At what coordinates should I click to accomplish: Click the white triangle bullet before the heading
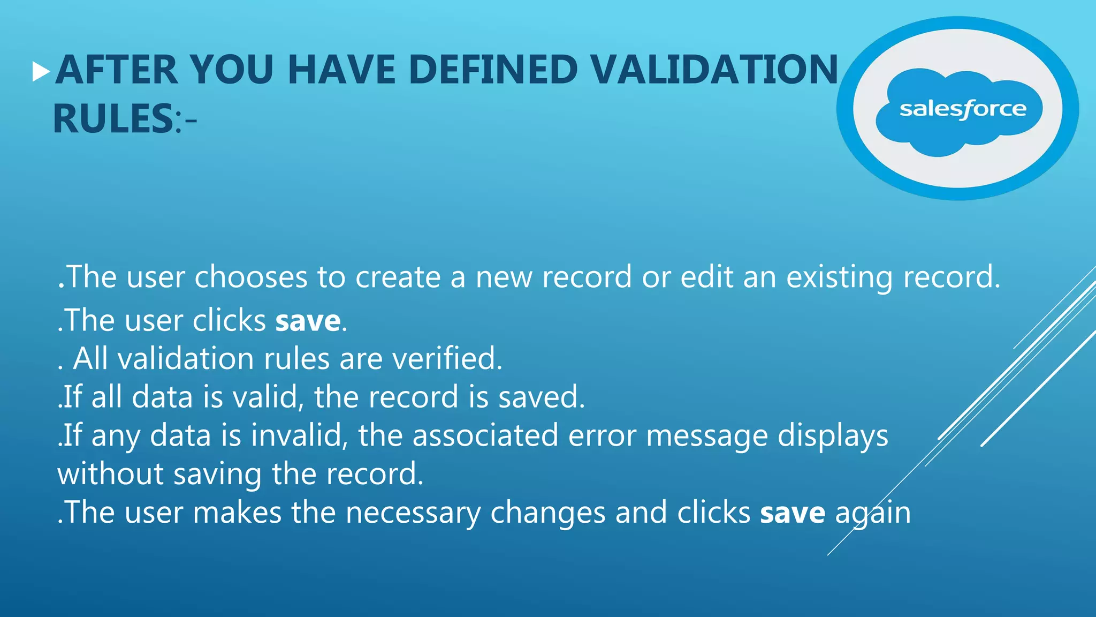41,71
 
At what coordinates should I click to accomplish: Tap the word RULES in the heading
112,119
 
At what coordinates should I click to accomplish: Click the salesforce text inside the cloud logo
963,110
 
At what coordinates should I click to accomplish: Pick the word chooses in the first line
250,277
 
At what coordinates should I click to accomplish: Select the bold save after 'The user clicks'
308,321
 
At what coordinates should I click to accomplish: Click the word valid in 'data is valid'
269,397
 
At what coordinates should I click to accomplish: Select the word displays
833,436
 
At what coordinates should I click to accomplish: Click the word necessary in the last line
413,513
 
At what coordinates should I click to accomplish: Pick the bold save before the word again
793,513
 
